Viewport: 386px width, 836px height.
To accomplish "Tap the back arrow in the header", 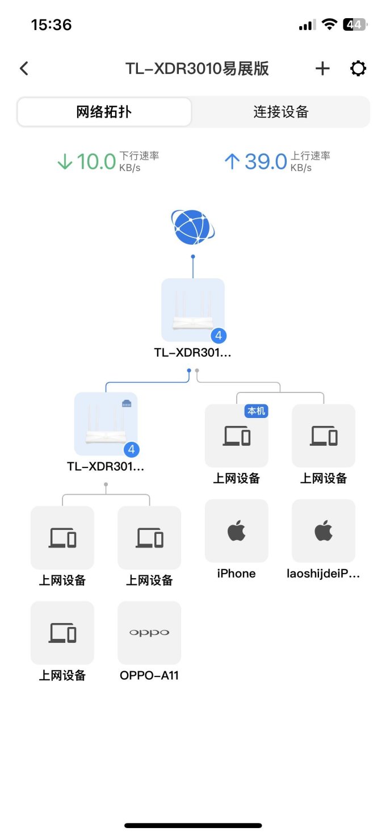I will click(24, 69).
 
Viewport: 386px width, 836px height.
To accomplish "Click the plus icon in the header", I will click(322, 69).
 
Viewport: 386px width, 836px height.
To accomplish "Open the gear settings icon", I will click(358, 69).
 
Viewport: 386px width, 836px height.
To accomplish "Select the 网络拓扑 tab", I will click(104, 112).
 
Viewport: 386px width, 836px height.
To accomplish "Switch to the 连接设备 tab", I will click(280, 112).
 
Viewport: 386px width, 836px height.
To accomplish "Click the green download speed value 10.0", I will click(96, 162).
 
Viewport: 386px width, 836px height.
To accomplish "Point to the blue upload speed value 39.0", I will click(266, 162).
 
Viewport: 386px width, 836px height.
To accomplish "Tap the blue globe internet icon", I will click(193, 227).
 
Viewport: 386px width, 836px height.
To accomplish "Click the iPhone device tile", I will click(236, 531).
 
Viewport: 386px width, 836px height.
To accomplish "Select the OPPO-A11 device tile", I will click(149, 633).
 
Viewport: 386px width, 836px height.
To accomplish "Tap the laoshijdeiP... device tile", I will click(324, 531).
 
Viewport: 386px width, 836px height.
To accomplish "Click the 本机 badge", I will click(256, 411).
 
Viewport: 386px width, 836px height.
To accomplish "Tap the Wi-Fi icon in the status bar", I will click(329, 24).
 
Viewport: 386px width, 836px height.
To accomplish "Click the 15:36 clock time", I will click(51, 25).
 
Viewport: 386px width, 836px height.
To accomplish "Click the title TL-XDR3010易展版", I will click(197, 69).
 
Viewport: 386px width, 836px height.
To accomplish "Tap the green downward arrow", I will click(65, 162).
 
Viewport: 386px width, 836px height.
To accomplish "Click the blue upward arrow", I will click(232, 162).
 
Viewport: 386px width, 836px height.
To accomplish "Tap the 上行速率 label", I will click(311, 156).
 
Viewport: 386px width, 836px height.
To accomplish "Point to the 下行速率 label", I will click(139, 156).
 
